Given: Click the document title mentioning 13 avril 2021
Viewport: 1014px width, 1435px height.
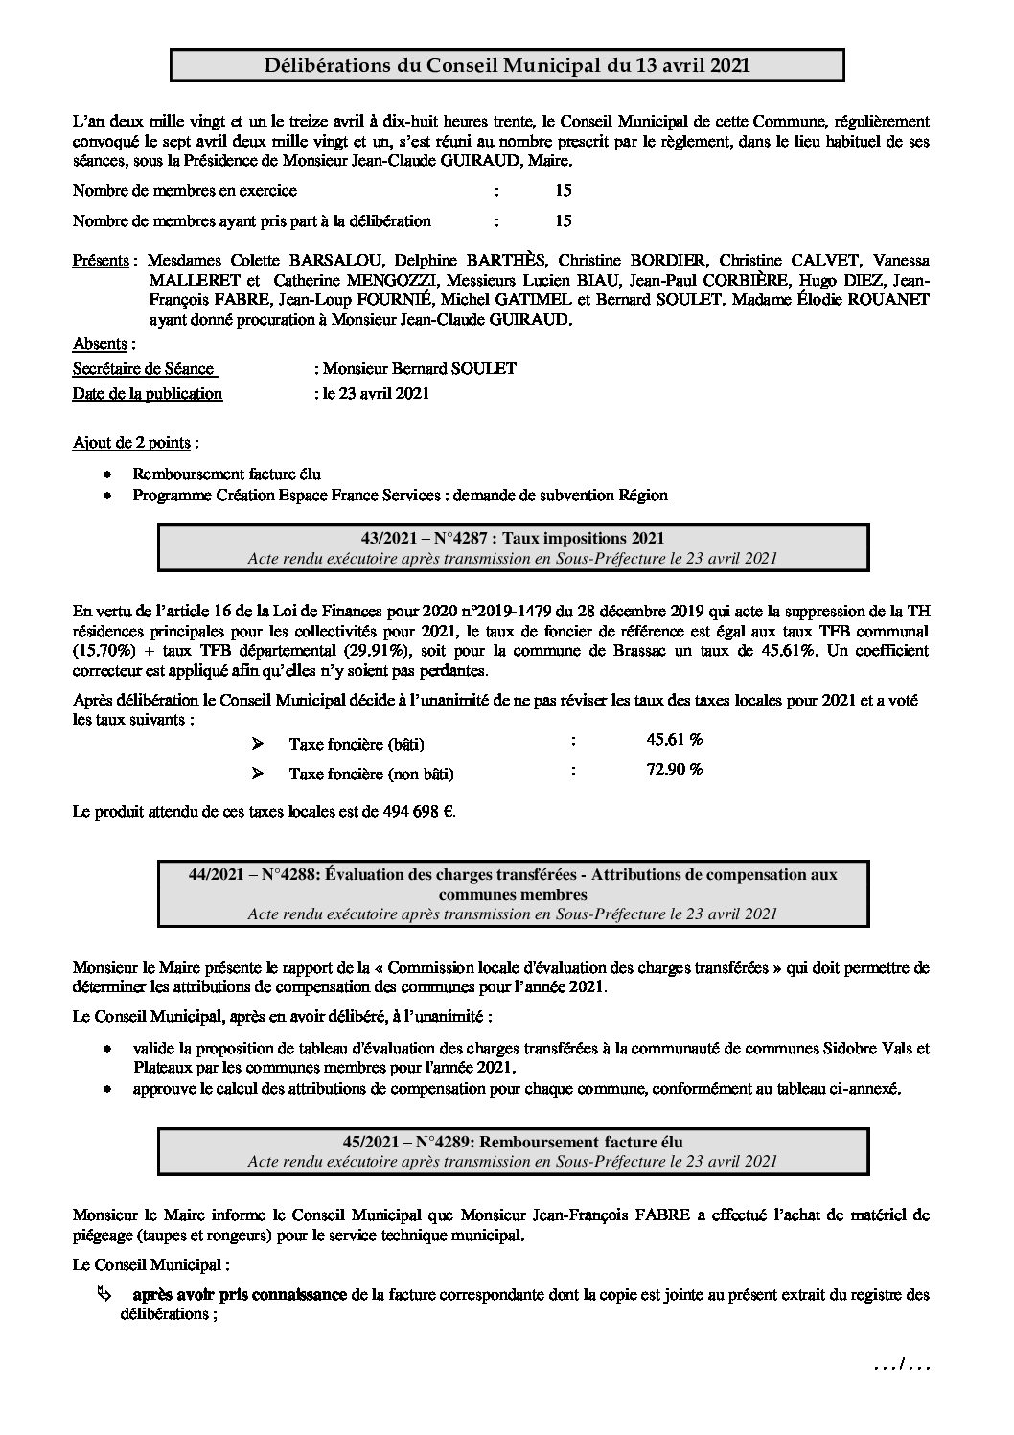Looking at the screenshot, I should pyautogui.click(x=507, y=65).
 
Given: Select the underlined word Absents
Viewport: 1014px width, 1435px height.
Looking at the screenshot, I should pyautogui.click(x=101, y=343).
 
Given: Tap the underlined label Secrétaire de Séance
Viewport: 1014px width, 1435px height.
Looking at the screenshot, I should pyautogui.click(x=143, y=368).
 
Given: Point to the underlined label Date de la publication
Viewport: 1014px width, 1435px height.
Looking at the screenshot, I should pyautogui.click(x=148, y=393).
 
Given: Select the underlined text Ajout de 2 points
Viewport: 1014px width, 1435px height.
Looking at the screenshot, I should pyautogui.click(x=133, y=443).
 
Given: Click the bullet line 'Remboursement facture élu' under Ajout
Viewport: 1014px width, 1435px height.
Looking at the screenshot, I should pyautogui.click(x=226, y=474).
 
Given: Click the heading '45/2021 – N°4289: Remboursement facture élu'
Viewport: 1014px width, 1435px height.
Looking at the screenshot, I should pyautogui.click(x=512, y=1141).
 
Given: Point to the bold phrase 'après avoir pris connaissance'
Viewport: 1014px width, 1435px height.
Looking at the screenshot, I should pyautogui.click(x=240, y=1295).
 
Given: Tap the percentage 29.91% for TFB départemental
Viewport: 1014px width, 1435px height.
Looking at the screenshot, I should pyautogui.click(x=296, y=650).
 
